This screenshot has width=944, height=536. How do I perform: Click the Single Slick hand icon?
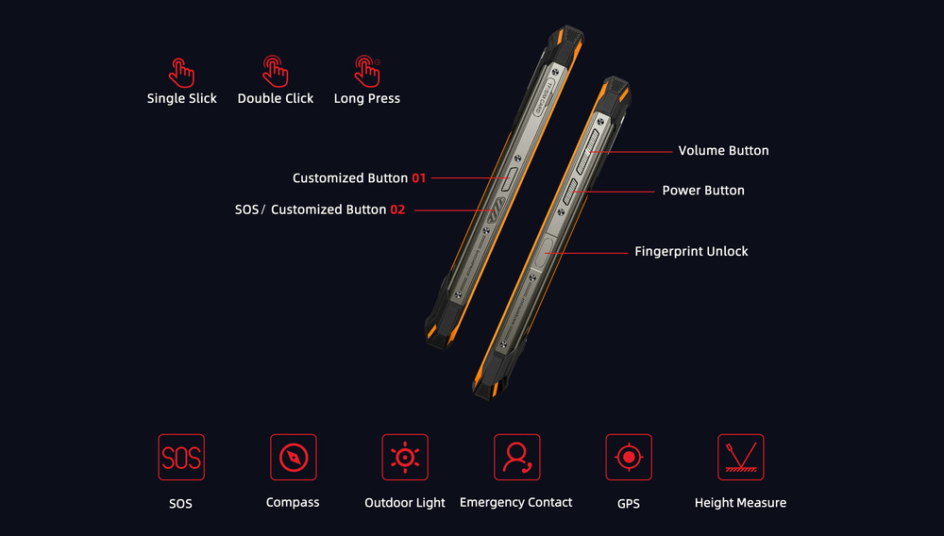(x=181, y=73)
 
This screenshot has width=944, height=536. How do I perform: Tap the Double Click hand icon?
(x=275, y=72)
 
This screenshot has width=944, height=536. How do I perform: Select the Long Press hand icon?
(x=367, y=72)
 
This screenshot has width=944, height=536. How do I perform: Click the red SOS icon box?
(x=181, y=457)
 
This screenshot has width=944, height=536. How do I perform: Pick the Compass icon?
(x=294, y=457)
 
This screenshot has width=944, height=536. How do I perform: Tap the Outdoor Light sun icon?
(x=405, y=457)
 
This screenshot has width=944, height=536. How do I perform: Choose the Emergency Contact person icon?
(x=517, y=457)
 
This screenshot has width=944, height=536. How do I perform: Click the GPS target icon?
(x=629, y=457)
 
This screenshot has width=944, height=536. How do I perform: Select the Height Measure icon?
(x=740, y=457)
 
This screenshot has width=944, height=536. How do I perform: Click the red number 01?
(x=419, y=178)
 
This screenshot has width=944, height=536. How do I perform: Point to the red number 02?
(x=397, y=209)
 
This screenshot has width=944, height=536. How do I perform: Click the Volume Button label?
(x=724, y=150)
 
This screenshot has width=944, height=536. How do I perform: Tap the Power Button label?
(x=703, y=190)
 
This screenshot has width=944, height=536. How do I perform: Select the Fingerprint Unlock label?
(x=691, y=251)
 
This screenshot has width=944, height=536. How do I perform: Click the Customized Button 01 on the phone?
(x=510, y=179)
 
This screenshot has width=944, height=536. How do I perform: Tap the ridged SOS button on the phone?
(x=497, y=209)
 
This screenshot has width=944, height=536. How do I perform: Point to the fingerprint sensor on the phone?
(x=547, y=249)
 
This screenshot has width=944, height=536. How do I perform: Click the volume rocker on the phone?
(x=587, y=150)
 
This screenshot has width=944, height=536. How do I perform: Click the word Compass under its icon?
(x=293, y=502)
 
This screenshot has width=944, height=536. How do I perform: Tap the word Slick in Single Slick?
(x=202, y=98)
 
